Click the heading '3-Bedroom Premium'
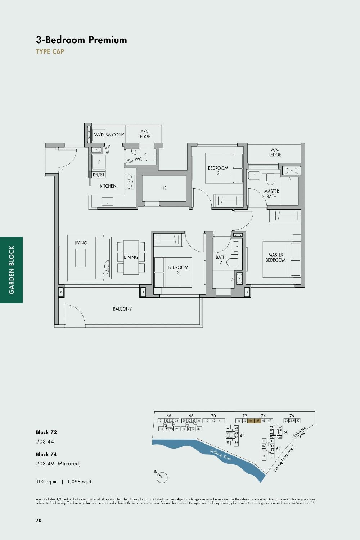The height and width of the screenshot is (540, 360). tap(81, 40)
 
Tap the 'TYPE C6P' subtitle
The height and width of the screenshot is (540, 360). tap(50, 51)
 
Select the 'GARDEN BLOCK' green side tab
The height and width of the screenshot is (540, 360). tap(12, 270)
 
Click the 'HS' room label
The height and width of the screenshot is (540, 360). tap(164, 188)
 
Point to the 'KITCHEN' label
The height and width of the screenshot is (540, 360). tap(108, 186)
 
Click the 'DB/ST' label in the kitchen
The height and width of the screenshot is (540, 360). tap(99, 175)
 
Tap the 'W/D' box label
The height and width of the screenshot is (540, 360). tap(99, 135)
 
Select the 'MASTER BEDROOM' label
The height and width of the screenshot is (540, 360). tap(276, 257)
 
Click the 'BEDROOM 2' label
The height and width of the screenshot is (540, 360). tap(218, 171)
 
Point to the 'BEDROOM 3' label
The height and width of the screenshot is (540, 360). tap(178, 270)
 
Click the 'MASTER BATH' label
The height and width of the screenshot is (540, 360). tap(271, 194)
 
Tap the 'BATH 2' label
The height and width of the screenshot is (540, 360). tap(221, 260)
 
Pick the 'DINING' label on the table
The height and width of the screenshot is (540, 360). tap(131, 257)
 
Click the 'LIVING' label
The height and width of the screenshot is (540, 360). tap(81, 243)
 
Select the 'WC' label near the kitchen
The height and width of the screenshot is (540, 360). tap(138, 159)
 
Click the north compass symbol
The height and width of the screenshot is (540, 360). tap(162, 477)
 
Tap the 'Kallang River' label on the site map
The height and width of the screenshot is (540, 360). tap(221, 455)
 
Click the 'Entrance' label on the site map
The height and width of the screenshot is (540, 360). tap(299, 432)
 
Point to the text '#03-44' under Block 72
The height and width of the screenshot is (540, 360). tap(45, 442)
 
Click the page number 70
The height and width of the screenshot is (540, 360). tap(39, 520)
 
